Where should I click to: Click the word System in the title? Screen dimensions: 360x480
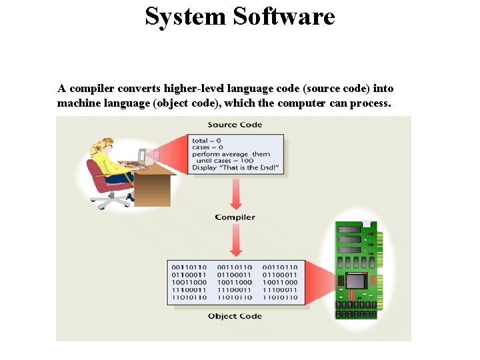pyautogui.click(x=185, y=16)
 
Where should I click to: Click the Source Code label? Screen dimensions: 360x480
pyautogui.click(x=235, y=125)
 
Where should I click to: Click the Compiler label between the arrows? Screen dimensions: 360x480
pyautogui.click(x=235, y=217)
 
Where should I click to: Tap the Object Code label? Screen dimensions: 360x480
pyautogui.click(x=235, y=316)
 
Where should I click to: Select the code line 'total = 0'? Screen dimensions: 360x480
pyautogui.click(x=207, y=141)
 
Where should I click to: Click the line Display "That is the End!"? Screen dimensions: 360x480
pyautogui.click(x=235, y=167)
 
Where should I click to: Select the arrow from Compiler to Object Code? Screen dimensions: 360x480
pyautogui.click(x=235, y=240)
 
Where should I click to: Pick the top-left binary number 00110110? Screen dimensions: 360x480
pyautogui.click(x=189, y=267)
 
